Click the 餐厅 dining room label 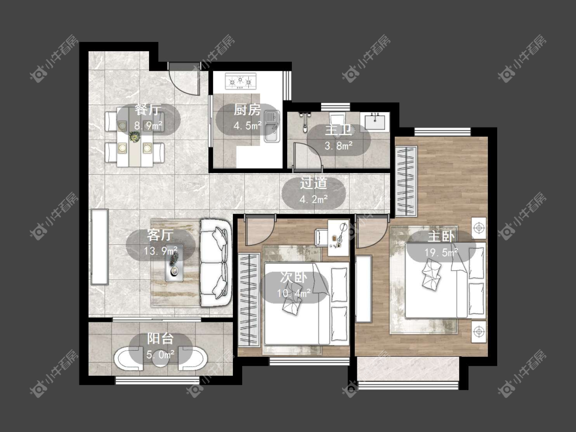[x=147, y=110]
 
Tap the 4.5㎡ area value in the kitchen [x=248, y=125]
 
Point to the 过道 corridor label [x=313, y=183]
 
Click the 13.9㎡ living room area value [x=161, y=251]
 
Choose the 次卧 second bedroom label [x=293, y=277]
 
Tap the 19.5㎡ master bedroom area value [x=441, y=252]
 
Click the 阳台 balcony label [x=160, y=338]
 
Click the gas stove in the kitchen [x=241, y=81]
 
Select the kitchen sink [x=272, y=126]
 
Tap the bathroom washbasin [x=375, y=121]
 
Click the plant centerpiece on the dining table [x=135, y=137]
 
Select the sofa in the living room [x=216, y=263]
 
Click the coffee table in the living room [x=174, y=263]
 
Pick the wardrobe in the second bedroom [x=249, y=299]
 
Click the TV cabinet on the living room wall [x=99, y=247]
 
